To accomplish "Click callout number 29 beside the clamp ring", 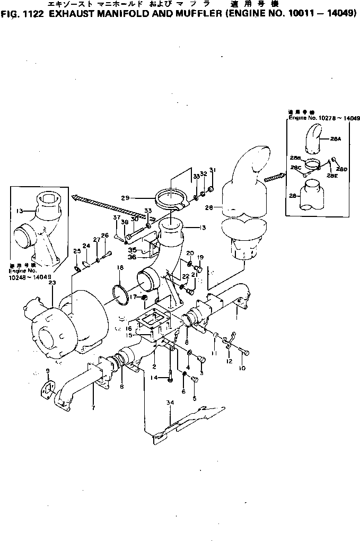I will (x=126, y=198).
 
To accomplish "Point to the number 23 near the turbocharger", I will (x=52, y=283).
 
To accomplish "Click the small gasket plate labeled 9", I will (x=47, y=390).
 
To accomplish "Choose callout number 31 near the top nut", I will (x=213, y=170).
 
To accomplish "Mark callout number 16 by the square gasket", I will (x=128, y=329).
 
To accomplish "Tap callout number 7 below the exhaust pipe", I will (x=93, y=408).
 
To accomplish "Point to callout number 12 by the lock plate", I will (x=229, y=361).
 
